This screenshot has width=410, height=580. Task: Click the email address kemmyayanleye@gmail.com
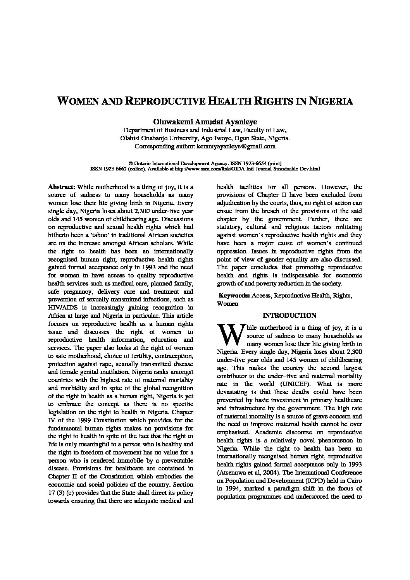click(x=236, y=146)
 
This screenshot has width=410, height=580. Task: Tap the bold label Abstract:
click(x=62, y=187)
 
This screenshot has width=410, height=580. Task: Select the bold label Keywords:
click(x=234, y=296)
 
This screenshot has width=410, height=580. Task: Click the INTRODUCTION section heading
click(x=289, y=315)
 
